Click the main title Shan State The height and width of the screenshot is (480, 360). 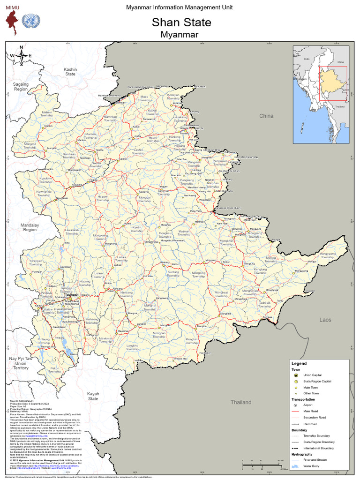tap(181, 22)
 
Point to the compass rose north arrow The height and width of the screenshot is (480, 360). tap(21, 55)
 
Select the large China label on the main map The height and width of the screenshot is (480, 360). tap(266, 116)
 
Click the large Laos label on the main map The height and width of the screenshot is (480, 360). tap(325, 320)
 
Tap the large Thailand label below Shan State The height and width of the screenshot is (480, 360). tap(240, 402)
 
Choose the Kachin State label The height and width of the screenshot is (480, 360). tap(70, 72)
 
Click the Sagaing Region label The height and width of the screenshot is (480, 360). tap(21, 86)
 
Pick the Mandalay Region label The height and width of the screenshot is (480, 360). tap(29, 227)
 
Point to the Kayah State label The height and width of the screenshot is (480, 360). tap(93, 397)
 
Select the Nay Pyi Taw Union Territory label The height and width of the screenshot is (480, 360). tap(21, 363)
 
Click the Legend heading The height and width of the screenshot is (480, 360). tap(299, 363)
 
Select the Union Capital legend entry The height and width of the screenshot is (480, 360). tap(312, 375)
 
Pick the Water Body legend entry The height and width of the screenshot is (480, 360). tap(311, 466)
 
